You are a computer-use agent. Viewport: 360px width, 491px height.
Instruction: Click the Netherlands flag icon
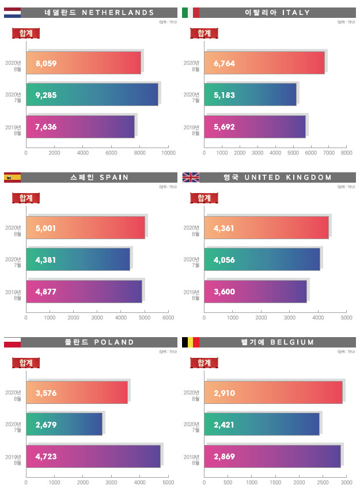[x=12, y=12]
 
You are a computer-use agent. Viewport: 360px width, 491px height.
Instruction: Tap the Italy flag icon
[x=190, y=12]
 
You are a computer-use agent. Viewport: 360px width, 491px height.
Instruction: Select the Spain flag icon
[x=12, y=177]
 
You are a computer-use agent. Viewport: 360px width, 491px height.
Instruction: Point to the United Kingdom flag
[x=190, y=177]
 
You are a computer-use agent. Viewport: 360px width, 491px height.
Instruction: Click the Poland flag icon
[x=12, y=342]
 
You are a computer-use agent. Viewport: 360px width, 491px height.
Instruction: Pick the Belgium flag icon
[x=190, y=342]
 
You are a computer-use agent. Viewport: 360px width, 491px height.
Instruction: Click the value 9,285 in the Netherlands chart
[x=46, y=95]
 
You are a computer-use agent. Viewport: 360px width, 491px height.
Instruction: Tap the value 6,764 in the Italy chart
[x=224, y=63]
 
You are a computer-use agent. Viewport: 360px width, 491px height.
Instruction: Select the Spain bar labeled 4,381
[x=78, y=260]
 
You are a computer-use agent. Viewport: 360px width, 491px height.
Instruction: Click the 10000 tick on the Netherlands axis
[x=168, y=153]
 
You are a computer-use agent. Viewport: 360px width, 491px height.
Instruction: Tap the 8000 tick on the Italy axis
[x=346, y=153]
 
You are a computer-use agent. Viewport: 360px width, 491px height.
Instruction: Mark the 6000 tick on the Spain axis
[x=168, y=318]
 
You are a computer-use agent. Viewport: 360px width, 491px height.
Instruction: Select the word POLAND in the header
[x=115, y=342]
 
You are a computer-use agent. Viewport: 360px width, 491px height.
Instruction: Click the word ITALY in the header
[x=297, y=12]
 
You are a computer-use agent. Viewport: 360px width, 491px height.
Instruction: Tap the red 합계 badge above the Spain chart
[x=26, y=198]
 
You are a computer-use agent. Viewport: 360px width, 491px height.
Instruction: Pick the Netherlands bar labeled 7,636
[x=80, y=127]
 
